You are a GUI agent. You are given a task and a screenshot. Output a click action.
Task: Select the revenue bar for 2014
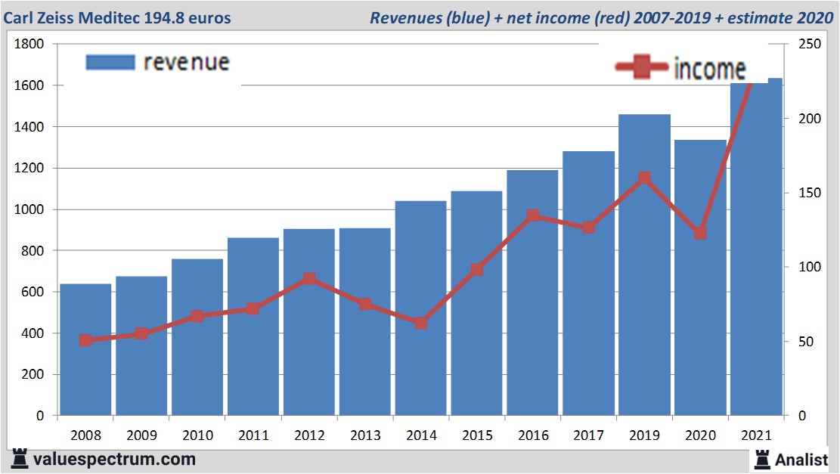(421, 318)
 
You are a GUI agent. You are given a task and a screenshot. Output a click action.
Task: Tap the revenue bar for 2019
(644, 302)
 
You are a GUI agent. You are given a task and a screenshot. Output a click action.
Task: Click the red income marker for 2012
(309, 279)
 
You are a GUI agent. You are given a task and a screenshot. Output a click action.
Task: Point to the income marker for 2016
(533, 215)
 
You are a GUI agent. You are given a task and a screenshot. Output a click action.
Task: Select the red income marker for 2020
(700, 234)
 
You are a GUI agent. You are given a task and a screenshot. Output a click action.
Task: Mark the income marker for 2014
(421, 323)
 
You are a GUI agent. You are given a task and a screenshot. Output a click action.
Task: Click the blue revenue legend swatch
(110, 62)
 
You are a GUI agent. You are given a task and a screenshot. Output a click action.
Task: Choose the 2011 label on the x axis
(253, 436)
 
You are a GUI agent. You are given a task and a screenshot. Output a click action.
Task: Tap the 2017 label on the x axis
(589, 436)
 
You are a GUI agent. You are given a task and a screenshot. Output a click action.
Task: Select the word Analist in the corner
(802, 459)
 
